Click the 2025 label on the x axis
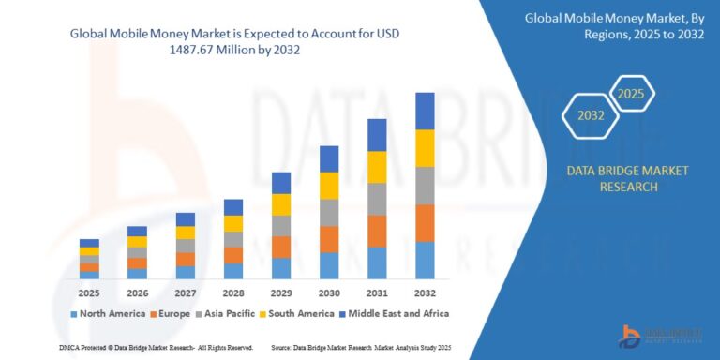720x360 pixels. tap(89, 292)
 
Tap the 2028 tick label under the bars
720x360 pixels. tap(232, 292)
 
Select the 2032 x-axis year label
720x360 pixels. tap(425, 292)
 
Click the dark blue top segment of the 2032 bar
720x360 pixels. tap(425, 111)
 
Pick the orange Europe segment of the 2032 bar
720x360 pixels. tap(425, 223)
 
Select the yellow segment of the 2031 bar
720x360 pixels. tap(377, 167)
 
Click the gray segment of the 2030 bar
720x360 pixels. tap(329, 213)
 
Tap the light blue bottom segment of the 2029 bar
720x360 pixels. tap(281, 268)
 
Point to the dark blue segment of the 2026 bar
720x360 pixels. tap(137, 231)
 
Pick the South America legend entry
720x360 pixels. tap(299, 313)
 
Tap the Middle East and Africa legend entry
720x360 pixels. tap(394, 313)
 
